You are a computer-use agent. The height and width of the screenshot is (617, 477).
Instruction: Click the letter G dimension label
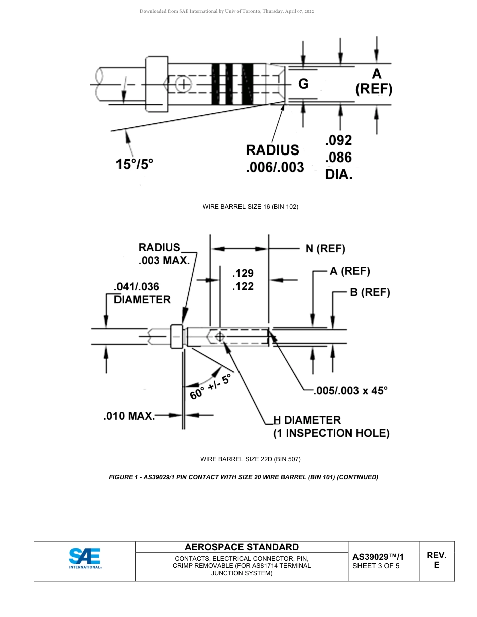(303, 84)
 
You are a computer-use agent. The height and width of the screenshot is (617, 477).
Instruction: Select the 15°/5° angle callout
(134, 164)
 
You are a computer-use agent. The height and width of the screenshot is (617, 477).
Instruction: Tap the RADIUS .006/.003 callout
(274, 159)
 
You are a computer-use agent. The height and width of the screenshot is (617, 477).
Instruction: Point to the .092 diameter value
(339, 140)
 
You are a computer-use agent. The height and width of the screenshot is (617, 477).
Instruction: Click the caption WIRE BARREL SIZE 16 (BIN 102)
(250, 207)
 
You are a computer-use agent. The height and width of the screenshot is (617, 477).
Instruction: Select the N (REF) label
(325, 249)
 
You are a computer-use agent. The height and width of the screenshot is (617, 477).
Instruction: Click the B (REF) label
(370, 292)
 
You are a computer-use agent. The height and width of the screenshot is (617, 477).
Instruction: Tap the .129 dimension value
(243, 273)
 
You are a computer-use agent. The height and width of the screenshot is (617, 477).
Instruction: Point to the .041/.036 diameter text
(137, 287)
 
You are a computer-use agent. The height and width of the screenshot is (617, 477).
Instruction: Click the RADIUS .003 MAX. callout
(164, 254)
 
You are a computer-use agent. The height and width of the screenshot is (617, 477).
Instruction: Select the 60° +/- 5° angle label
(211, 387)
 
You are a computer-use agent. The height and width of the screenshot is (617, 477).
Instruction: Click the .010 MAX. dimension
(129, 416)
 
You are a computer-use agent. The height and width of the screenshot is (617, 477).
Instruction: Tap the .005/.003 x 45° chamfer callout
(350, 391)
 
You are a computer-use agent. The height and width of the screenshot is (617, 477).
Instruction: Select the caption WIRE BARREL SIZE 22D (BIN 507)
(250, 459)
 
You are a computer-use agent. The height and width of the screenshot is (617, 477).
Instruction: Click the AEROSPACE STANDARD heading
(242, 547)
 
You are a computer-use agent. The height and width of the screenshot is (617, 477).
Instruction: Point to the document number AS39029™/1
(378, 557)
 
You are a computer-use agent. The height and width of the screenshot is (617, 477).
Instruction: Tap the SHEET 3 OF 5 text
(376, 566)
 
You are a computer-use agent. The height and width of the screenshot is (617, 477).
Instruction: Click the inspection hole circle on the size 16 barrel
(184, 84)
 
